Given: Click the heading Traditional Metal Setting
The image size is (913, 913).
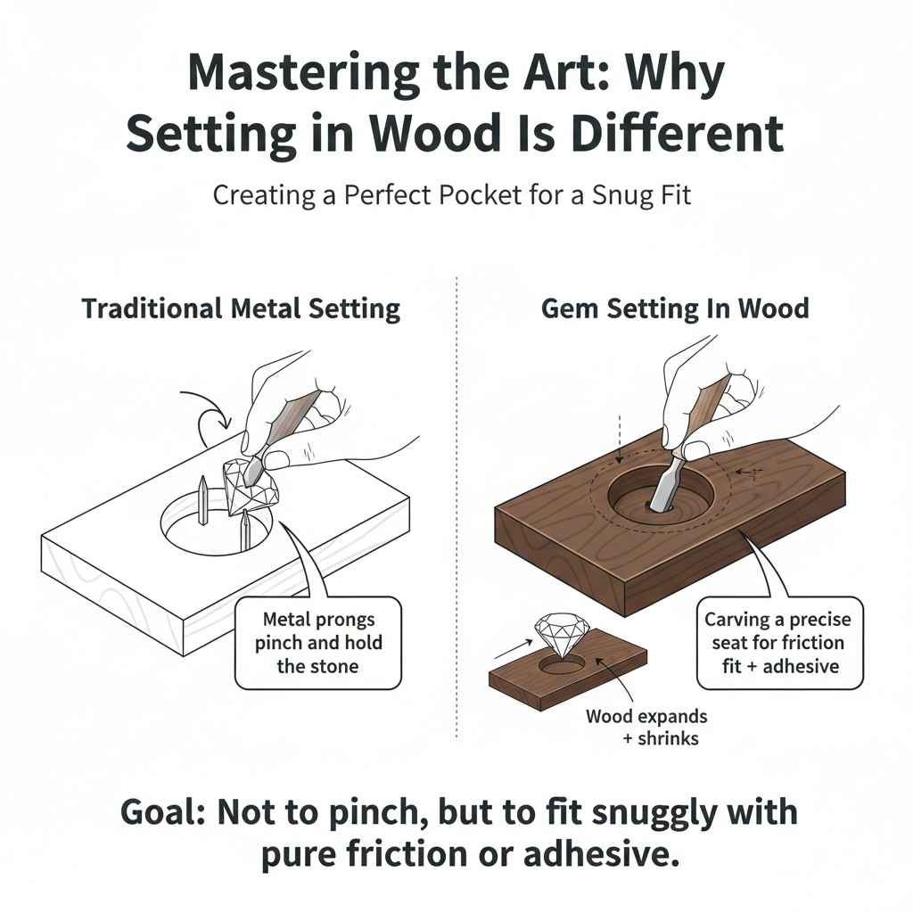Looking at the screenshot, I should point(241,309).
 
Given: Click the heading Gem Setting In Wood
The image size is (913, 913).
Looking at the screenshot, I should point(675,309).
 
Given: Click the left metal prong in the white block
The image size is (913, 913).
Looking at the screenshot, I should point(203,499).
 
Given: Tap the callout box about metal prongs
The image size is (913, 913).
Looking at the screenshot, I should point(318,642).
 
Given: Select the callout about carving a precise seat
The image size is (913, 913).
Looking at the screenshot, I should point(778,642).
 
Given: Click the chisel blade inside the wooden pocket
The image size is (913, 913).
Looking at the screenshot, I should point(666,484).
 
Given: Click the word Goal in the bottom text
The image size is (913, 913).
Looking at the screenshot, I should point(169,814).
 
